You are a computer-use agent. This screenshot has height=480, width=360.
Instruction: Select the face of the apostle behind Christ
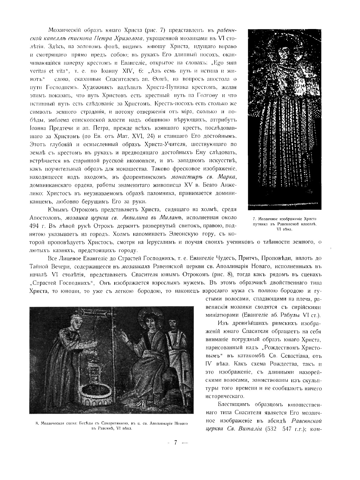pos(173,326)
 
